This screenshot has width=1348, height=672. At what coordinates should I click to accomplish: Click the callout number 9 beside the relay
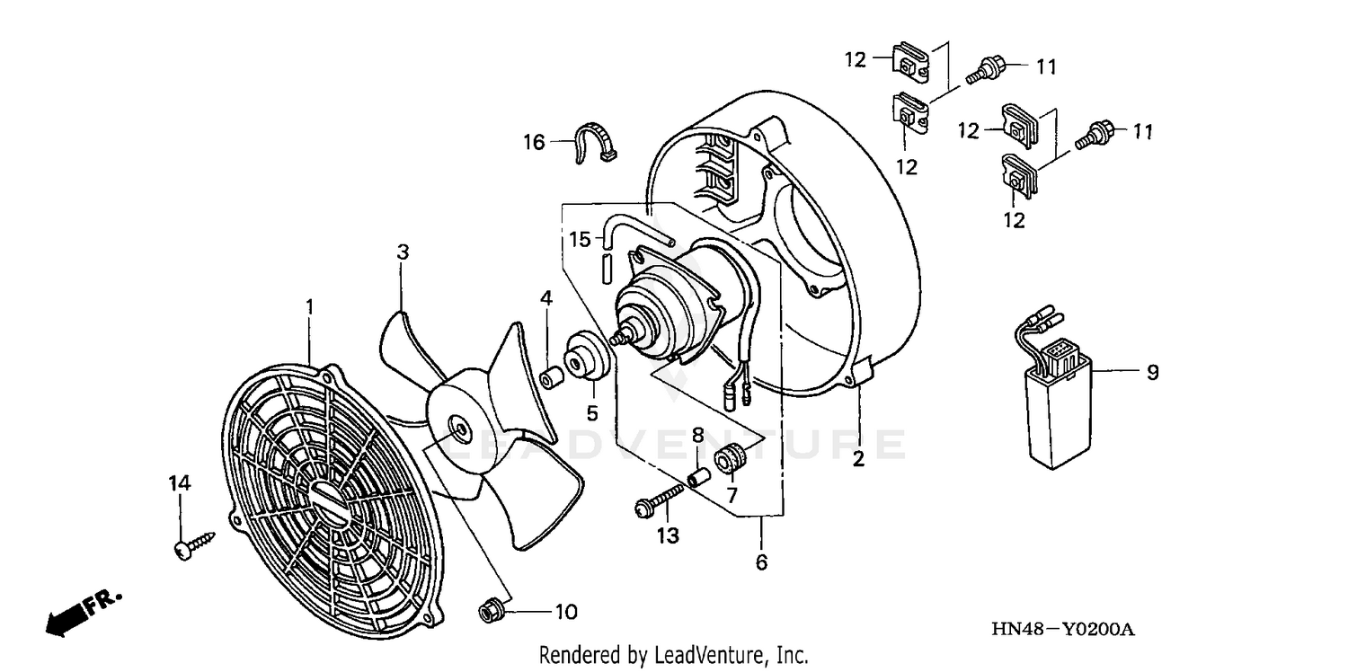coord(1153,371)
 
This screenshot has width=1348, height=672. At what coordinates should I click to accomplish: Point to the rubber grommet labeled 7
coord(728,459)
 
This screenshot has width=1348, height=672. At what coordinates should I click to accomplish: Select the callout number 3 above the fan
coord(404,252)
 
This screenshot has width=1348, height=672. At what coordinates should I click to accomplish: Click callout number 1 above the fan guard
coord(309,307)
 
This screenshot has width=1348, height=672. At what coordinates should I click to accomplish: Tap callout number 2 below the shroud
coord(858,459)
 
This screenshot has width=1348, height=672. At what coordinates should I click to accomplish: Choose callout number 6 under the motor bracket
coord(761,563)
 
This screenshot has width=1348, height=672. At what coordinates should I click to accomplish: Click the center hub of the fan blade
coord(459,430)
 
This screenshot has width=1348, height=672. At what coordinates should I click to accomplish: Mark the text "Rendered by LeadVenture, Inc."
coord(673,656)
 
